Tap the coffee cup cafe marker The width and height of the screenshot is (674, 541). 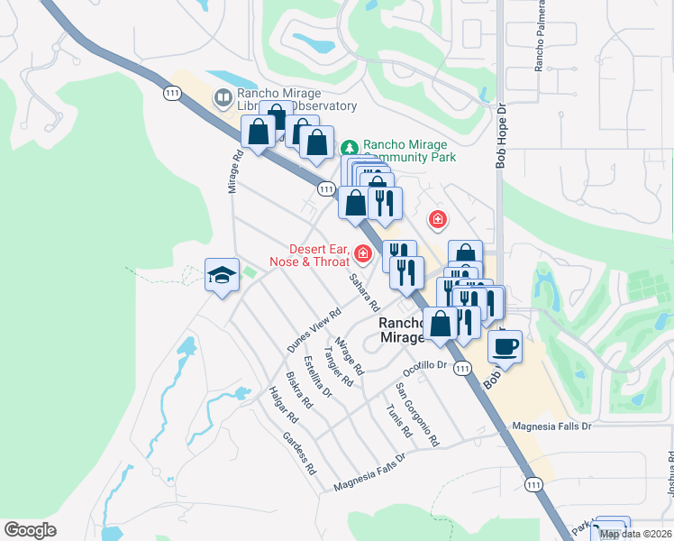click(x=505, y=346)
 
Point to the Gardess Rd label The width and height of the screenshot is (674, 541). click(x=299, y=454)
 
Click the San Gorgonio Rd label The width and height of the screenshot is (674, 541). click(x=417, y=415)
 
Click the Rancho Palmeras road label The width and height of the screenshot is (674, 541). click(x=540, y=41)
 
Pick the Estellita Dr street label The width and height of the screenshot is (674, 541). click(x=318, y=377)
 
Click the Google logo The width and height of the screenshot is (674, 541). click(x=31, y=530)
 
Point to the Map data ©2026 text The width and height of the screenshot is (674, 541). click(x=636, y=534)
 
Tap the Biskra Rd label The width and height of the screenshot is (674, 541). click(x=298, y=390)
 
